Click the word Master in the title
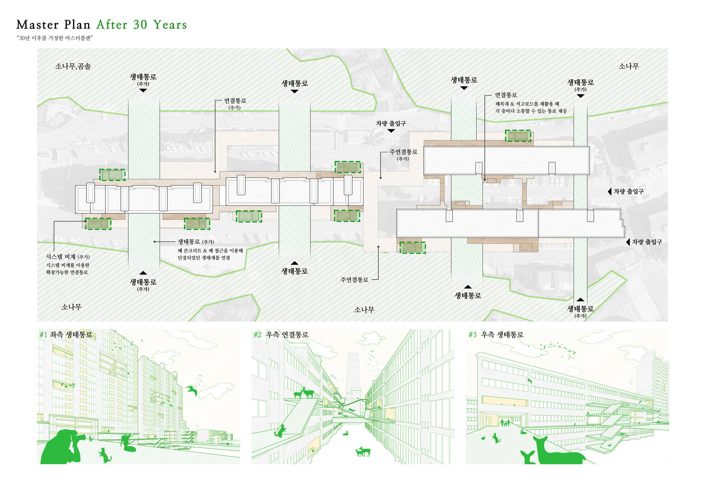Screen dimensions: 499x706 (37, 25)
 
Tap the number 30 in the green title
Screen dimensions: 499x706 (140, 25)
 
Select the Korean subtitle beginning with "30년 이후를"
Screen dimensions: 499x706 (54, 38)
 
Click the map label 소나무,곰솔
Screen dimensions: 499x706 (73, 66)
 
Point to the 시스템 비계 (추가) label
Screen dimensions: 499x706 (68, 257)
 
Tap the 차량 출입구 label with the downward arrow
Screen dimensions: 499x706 (391, 124)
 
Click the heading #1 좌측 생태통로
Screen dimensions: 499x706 (66, 335)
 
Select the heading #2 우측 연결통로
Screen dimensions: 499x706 (281, 335)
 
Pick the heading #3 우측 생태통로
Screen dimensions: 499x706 (496, 335)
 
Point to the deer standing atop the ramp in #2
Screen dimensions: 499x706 (304, 392)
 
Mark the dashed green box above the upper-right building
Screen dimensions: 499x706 (518, 136)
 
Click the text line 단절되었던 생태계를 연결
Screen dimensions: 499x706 (204, 258)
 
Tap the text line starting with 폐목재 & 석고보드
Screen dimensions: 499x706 (527, 104)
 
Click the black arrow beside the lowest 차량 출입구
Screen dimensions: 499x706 (628, 242)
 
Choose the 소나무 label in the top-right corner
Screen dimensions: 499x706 (629, 66)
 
